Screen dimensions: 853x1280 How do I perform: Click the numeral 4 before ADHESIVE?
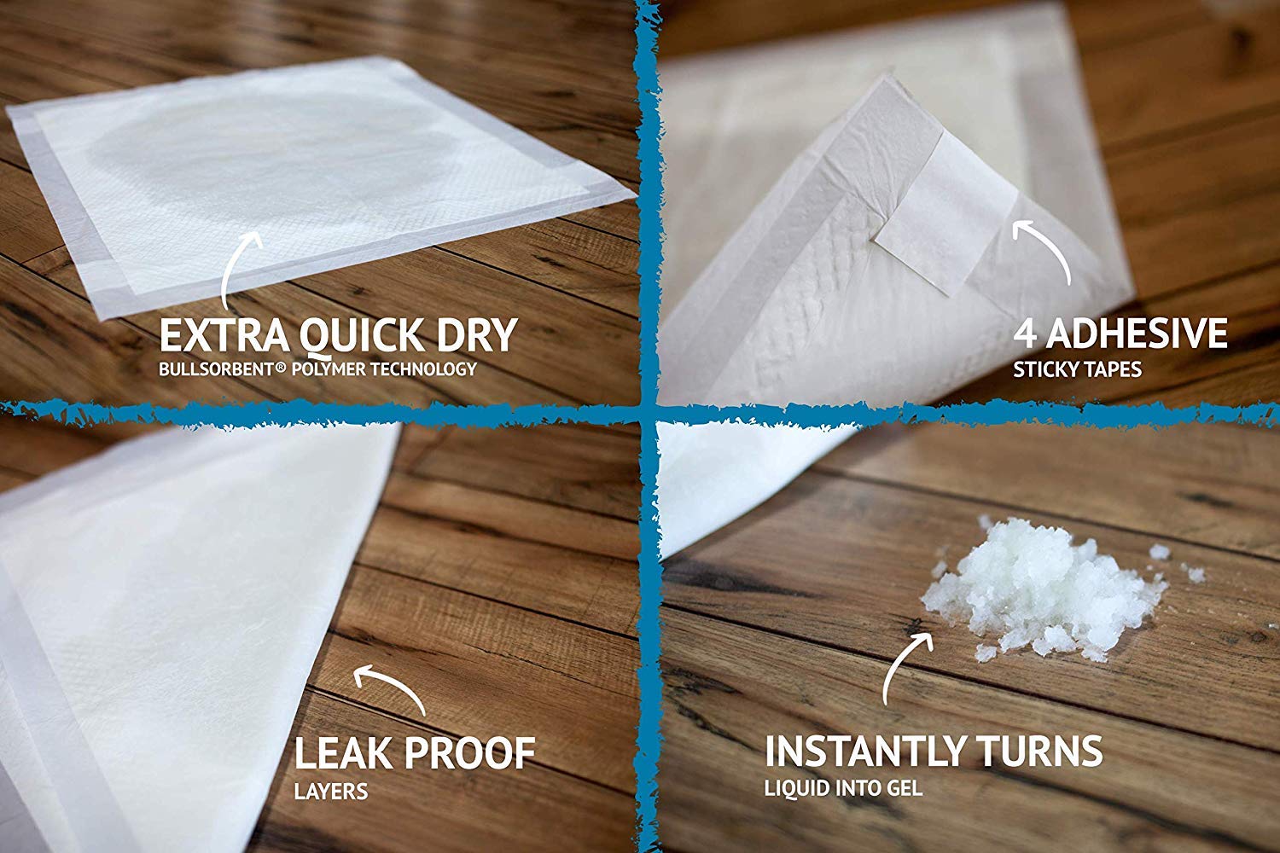point(1026,334)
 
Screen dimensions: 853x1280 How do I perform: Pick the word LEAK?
point(342,753)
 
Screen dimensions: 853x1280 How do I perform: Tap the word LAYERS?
point(331,792)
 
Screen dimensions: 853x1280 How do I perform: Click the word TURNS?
point(1050,751)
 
